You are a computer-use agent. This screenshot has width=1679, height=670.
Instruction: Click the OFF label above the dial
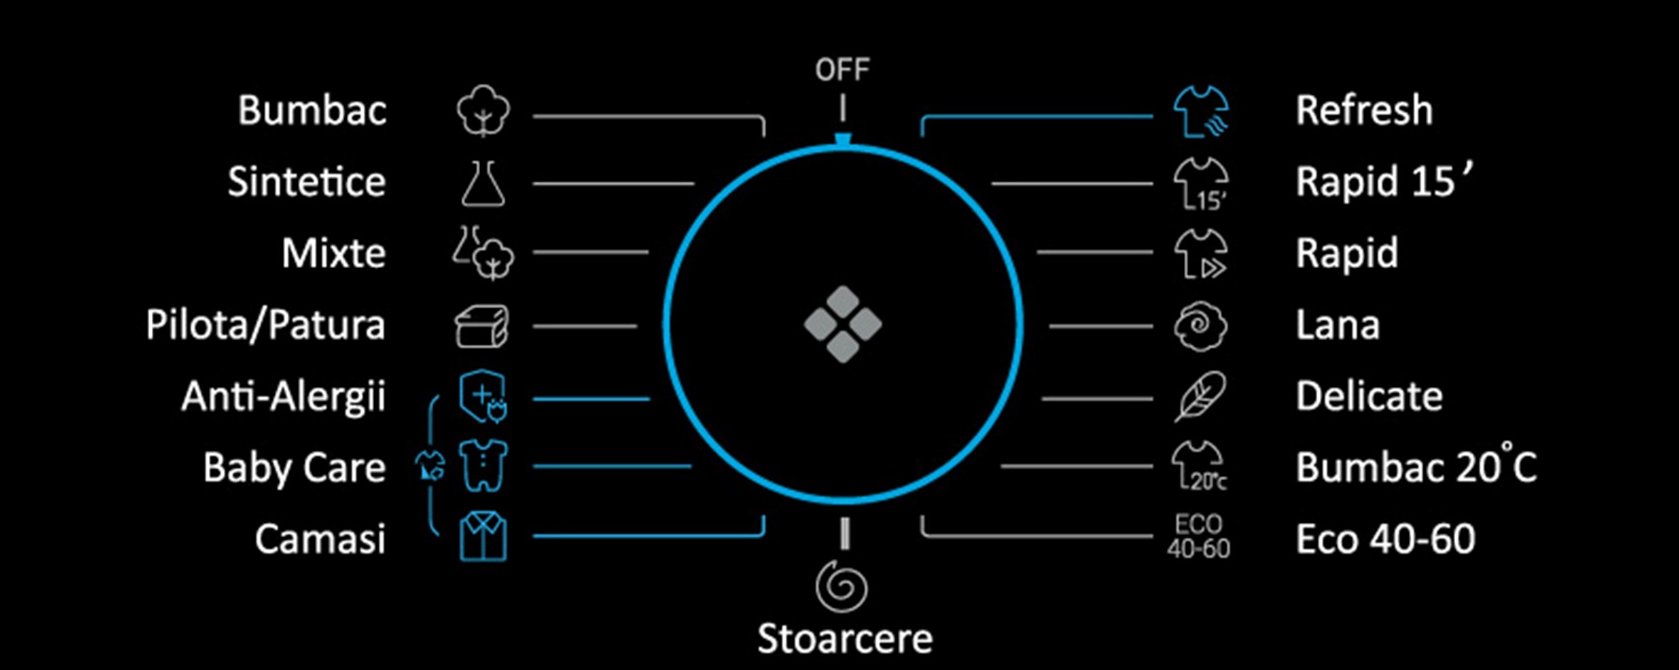(x=842, y=69)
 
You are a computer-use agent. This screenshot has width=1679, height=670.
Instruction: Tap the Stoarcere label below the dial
(x=845, y=639)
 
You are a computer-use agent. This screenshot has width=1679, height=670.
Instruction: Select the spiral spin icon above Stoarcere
(x=841, y=586)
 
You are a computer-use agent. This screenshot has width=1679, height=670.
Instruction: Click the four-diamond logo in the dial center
(x=843, y=324)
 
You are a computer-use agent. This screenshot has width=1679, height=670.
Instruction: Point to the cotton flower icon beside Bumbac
(x=484, y=112)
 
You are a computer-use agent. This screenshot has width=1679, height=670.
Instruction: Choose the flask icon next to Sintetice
(x=483, y=183)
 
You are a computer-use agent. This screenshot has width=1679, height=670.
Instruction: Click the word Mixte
(x=334, y=253)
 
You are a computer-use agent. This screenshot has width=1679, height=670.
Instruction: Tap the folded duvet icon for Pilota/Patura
(x=482, y=326)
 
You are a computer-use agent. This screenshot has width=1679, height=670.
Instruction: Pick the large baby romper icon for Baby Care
(x=484, y=466)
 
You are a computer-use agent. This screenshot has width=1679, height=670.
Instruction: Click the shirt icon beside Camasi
(x=484, y=537)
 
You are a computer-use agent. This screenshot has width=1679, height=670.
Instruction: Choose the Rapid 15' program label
(x=1384, y=182)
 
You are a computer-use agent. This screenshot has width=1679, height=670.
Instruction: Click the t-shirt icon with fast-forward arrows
(x=1201, y=254)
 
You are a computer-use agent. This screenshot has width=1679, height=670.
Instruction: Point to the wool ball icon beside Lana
(x=1200, y=326)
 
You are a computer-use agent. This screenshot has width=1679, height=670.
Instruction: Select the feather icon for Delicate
(x=1200, y=397)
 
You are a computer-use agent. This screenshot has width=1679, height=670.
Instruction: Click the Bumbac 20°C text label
(x=1416, y=467)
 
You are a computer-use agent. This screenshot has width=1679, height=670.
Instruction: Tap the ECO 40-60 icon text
(x=1198, y=537)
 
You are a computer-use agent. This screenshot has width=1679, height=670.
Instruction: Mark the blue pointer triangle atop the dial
(x=843, y=141)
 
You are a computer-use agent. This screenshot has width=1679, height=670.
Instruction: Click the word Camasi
(x=321, y=539)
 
